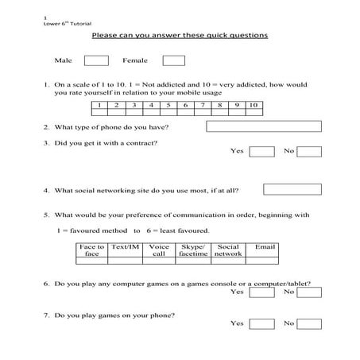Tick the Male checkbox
click(x=96, y=60)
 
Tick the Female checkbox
click(x=173, y=60)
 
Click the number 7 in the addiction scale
click(x=203, y=105)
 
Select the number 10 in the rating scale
click(x=253, y=105)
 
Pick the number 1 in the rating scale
click(x=99, y=105)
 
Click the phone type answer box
click(x=264, y=126)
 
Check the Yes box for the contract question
click(x=261, y=152)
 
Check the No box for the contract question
click(x=309, y=152)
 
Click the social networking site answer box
click(x=292, y=189)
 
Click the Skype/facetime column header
click(x=193, y=250)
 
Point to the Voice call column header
click(x=159, y=250)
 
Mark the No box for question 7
click(x=309, y=324)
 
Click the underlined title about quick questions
click(x=180, y=36)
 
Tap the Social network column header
click(x=228, y=250)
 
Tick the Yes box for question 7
click(x=261, y=324)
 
